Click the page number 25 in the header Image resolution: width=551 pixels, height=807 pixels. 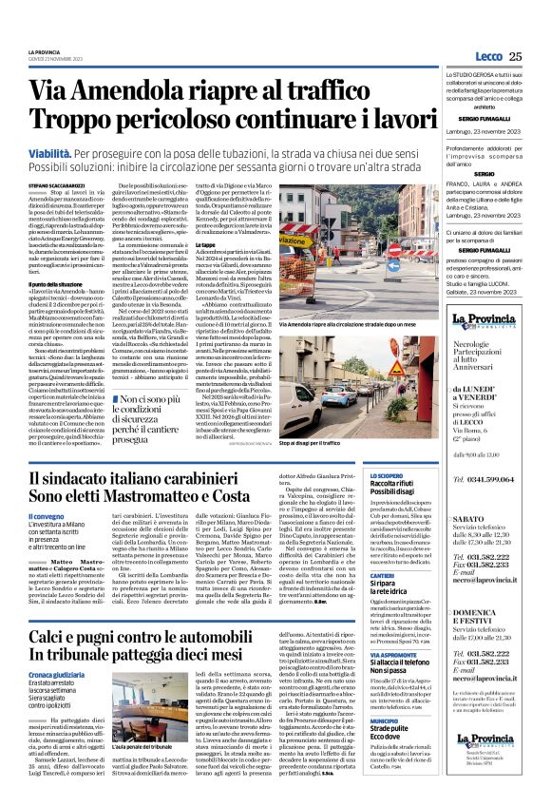514,55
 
